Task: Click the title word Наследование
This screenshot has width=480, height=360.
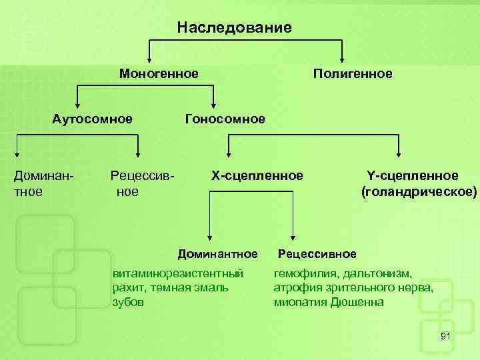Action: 235,27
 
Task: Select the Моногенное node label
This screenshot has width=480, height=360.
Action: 159,73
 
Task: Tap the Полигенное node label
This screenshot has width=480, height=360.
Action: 353,73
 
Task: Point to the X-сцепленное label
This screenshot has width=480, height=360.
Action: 257,175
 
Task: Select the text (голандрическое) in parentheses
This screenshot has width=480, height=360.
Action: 419,192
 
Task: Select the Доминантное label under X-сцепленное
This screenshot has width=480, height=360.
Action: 217,254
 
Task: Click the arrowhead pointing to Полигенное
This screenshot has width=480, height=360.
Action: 342,57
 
